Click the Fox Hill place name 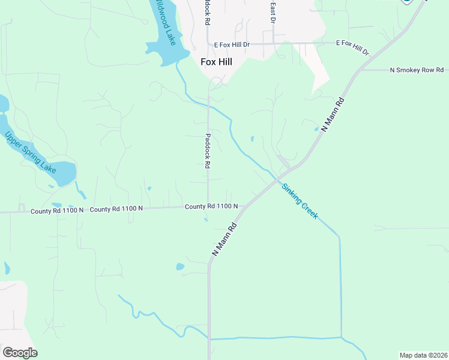(x=216, y=61)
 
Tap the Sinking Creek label (x=300, y=201)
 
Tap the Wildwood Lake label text (x=164, y=23)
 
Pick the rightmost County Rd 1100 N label (x=211, y=206)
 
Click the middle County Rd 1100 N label (x=116, y=209)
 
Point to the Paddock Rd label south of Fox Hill (x=208, y=150)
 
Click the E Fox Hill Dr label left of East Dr (x=240, y=44)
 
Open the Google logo (x=20, y=352)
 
